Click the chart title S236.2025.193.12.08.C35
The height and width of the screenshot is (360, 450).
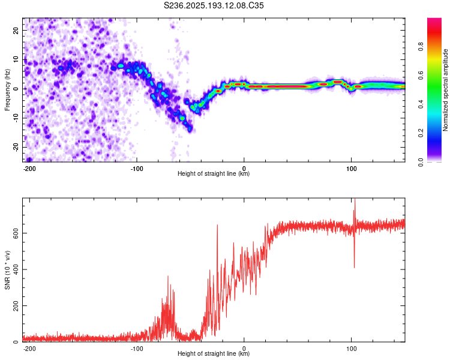point(214,5)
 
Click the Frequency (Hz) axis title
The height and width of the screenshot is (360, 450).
point(7,90)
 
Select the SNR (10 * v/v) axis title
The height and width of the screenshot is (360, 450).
point(7,270)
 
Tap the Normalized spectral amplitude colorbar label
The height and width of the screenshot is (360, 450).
point(445,90)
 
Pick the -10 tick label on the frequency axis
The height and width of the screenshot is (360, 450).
point(16,118)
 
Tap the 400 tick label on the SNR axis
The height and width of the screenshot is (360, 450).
point(16,269)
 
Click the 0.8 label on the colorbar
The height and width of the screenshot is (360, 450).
point(421,47)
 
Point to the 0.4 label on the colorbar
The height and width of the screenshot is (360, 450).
point(421,104)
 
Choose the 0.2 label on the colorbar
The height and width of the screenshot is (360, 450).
point(421,133)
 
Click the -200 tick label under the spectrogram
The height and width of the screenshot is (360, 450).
point(29,169)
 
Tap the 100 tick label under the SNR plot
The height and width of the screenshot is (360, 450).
point(351,349)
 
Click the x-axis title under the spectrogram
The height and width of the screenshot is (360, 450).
point(214,173)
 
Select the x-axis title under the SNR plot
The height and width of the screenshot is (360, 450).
point(214,353)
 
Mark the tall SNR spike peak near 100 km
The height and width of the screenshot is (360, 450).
point(355,199)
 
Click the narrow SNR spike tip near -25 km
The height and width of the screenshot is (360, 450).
point(217,225)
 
